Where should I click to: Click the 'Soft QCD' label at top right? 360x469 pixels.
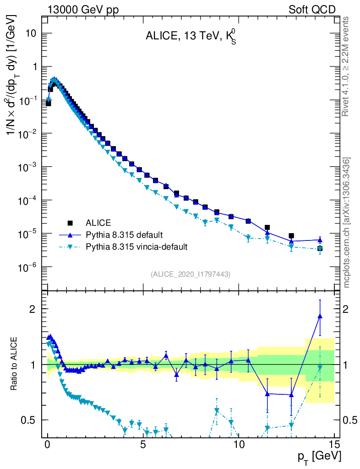tap(312, 9)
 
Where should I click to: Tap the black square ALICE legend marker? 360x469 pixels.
tap(70, 223)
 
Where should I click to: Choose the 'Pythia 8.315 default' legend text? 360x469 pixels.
tap(124, 235)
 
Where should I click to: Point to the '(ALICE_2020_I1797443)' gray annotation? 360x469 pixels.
tap(191, 274)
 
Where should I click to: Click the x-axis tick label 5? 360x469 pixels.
tap(143, 445)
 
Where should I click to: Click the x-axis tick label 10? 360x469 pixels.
tap(239, 445)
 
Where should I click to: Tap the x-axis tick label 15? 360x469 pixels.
tap(334, 445)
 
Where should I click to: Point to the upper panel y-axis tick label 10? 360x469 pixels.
tap(30, 33)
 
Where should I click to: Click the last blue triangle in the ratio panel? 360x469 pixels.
tap(320, 316)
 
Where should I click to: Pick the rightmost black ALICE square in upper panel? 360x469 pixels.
tap(320, 248)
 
